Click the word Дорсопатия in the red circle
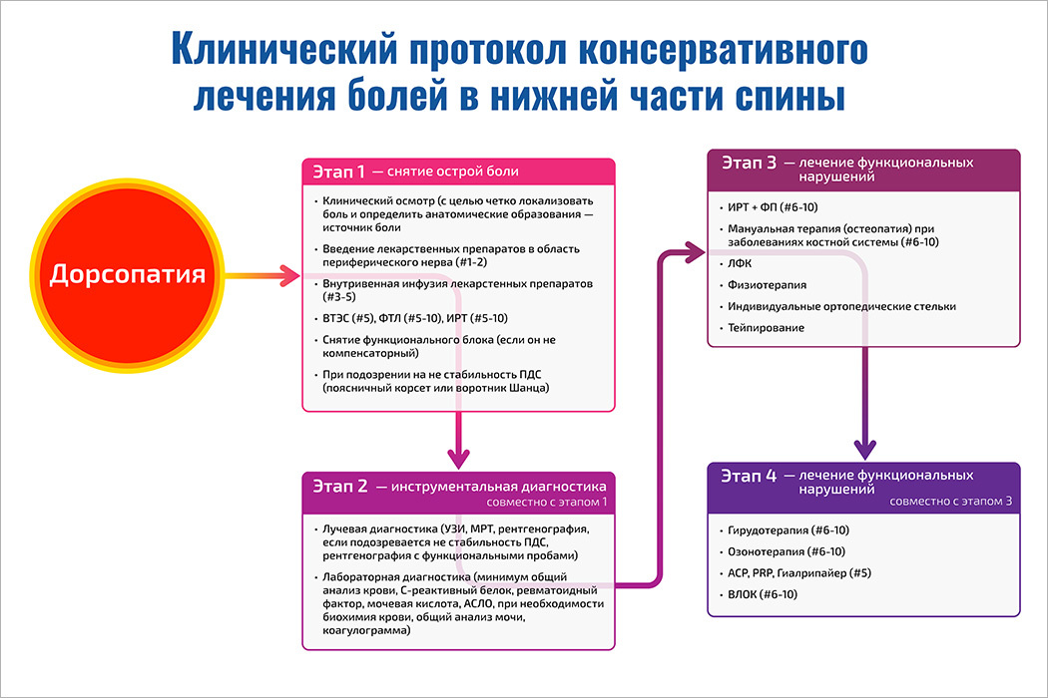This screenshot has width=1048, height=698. [x=129, y=274]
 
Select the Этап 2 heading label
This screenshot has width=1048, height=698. [x=339, y=487]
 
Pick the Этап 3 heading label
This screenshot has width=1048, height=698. [x=744, y=162]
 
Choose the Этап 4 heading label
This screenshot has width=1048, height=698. [x=744, y=476]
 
